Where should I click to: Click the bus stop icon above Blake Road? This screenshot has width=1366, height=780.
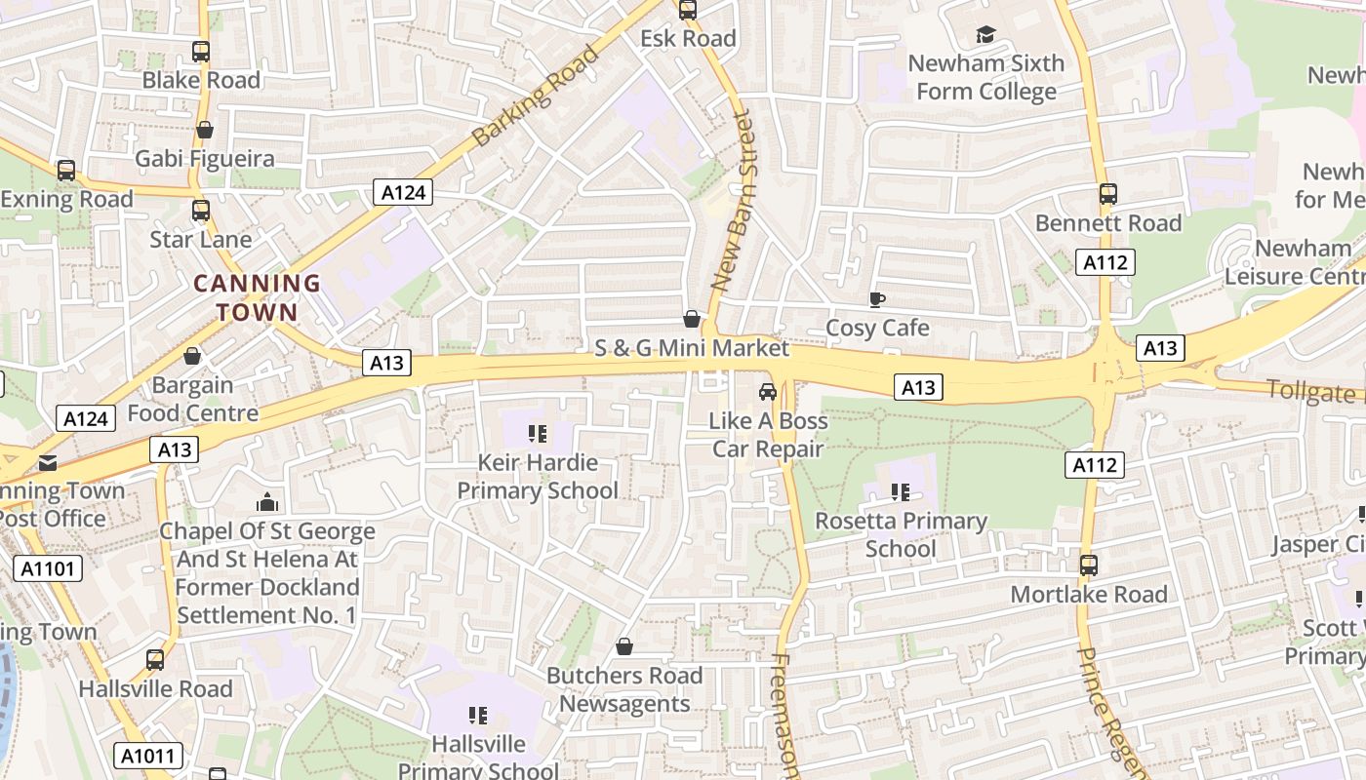(201, 52)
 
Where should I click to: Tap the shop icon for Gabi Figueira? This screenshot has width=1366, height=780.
(205, 130)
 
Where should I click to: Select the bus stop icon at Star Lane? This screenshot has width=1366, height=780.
(201, 211)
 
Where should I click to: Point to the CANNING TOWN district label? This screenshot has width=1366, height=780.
(257, 297)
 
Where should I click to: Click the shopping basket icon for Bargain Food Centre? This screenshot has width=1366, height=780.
(192, 357)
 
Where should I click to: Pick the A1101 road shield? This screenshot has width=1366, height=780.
(48, 568)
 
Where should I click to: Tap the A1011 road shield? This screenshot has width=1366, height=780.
(148, 755)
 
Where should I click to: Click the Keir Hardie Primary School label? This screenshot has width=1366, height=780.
(538, 476)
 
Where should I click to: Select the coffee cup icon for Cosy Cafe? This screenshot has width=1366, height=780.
(876, 299)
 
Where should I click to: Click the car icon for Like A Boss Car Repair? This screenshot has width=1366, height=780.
(768, 392)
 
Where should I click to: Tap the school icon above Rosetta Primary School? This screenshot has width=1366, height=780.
(900, 492)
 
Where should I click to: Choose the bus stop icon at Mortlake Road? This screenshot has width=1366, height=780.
(1088, 565)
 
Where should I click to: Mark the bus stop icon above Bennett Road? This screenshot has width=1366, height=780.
(1107, 194)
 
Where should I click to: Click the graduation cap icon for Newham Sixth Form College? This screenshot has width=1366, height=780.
(985, 35)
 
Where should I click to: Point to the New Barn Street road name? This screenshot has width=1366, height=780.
(733, 201)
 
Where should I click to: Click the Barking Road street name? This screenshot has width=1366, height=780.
(535, 96)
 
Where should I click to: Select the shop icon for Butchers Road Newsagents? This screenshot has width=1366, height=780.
(624, 647)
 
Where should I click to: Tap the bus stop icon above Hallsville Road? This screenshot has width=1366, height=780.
(155, 660)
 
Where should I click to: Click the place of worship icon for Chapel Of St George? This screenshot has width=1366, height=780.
(266, 503)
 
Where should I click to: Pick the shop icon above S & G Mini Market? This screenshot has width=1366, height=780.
(691, 320)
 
